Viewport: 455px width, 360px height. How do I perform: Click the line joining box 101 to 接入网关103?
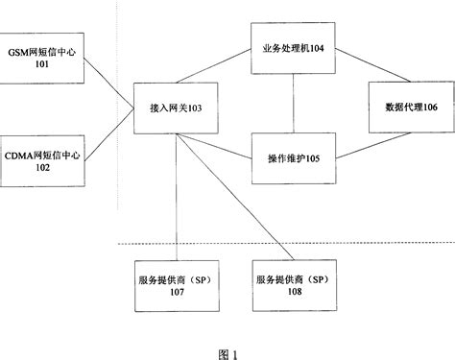[x=108, y=83]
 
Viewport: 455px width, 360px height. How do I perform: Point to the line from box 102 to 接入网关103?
[x=108, y=132]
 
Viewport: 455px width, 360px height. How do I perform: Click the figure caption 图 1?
[x=228, y=352]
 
